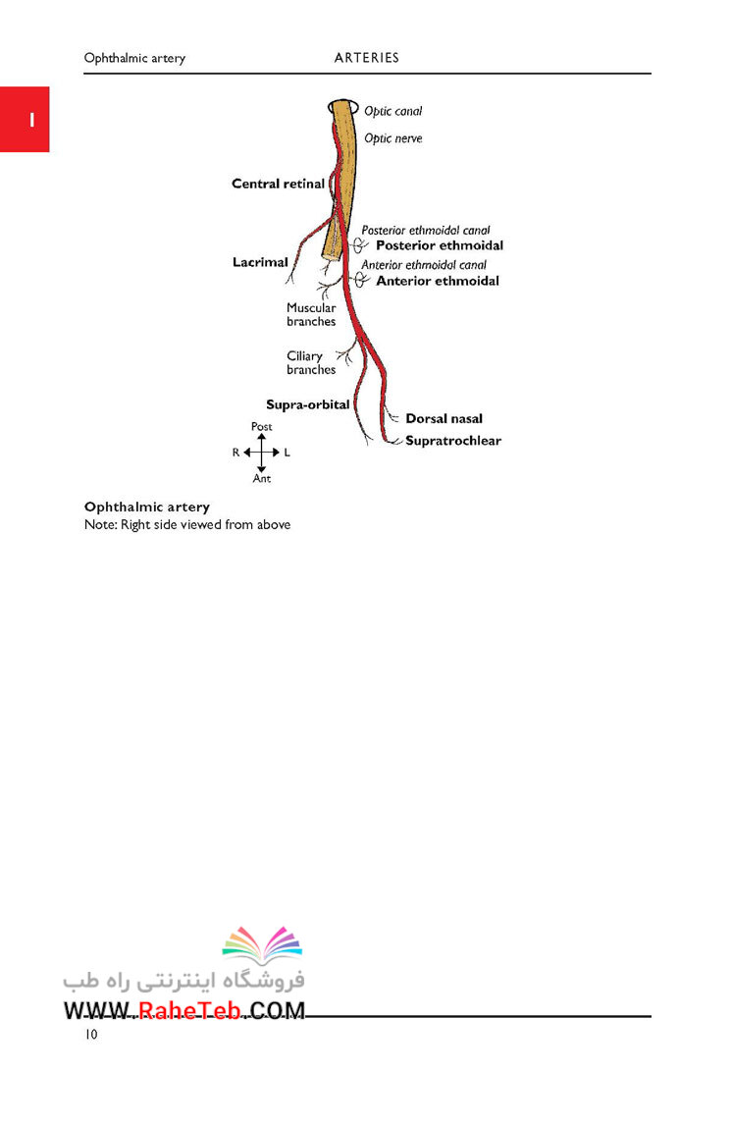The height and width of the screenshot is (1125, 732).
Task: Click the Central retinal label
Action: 278,184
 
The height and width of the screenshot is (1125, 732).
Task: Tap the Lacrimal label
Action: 260,262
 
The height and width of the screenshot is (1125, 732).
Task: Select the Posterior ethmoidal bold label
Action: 440,245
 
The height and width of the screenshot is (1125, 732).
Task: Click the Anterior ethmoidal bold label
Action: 438,281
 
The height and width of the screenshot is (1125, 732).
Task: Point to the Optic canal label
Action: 392,111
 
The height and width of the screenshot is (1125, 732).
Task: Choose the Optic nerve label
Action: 392,138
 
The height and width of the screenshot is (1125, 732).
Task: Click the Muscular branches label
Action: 311,314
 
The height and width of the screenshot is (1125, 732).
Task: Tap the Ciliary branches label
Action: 311,362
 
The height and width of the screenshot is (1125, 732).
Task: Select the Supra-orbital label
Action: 307,404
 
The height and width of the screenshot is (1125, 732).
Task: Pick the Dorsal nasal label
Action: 444,419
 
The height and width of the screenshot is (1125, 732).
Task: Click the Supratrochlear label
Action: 453,441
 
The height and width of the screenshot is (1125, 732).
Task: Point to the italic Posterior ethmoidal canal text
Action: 425,231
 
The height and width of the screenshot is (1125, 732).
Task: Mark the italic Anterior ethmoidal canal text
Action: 424,265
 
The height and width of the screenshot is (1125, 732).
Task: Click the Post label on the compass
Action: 262,426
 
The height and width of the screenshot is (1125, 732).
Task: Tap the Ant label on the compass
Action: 262,478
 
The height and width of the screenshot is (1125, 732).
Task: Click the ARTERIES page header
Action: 366,58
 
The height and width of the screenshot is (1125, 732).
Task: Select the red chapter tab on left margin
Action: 25,119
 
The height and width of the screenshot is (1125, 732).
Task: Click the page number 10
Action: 91,1034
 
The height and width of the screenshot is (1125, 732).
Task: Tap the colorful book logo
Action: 262,944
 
